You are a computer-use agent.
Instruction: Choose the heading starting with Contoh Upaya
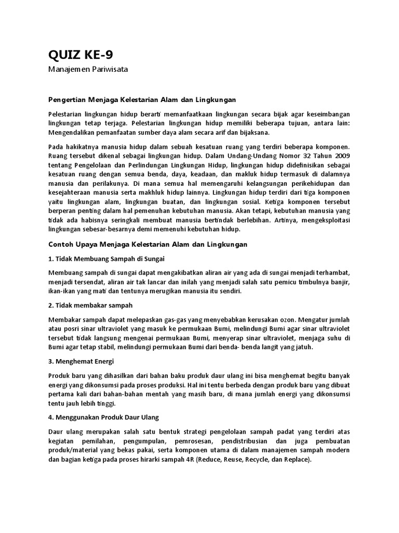point(148,244)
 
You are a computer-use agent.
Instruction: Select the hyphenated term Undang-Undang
point(241,155)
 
